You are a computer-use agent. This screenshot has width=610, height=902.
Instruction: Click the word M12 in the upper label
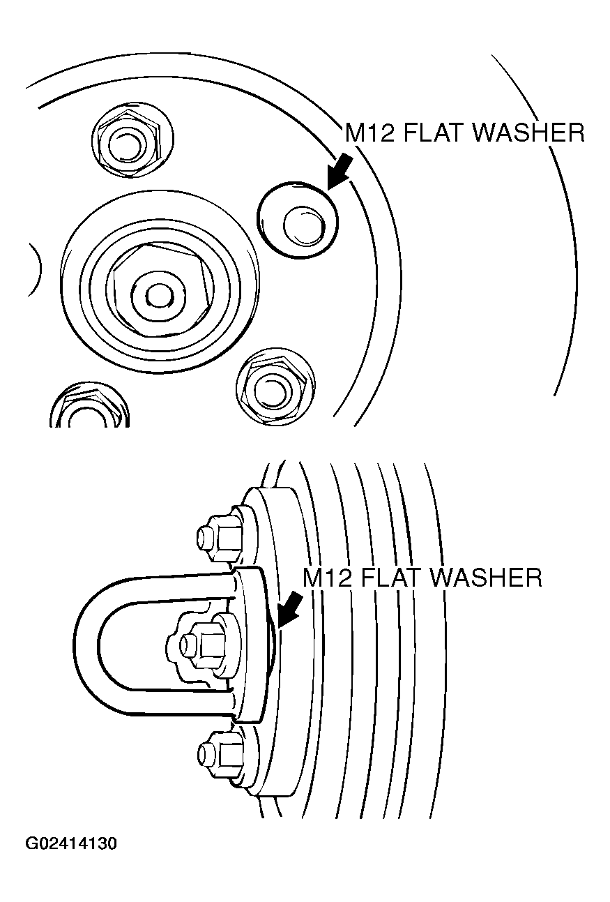pos(369,132)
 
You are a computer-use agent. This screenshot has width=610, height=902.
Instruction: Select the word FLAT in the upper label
pos(433,132)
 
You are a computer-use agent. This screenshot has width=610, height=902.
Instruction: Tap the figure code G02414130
pos(72,843)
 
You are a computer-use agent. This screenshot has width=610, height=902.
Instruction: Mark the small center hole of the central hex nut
pos(160,295)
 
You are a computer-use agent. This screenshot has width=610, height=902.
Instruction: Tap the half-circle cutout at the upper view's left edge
pos(32,267)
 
